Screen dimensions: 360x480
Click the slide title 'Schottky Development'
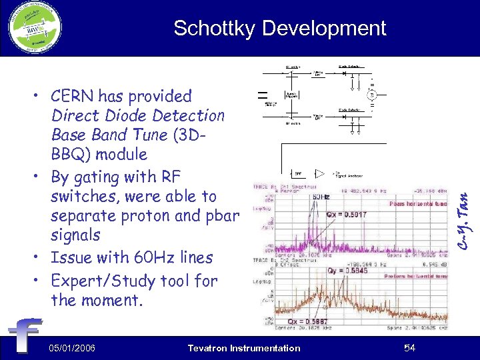(279, 28)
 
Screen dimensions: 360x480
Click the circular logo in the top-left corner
(34, 28)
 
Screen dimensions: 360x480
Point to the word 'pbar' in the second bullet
(218, 216)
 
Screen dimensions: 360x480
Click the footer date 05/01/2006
(72, 348)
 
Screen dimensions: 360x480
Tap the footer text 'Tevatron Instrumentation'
(244, 348)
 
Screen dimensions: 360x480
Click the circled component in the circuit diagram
(371, 96)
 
